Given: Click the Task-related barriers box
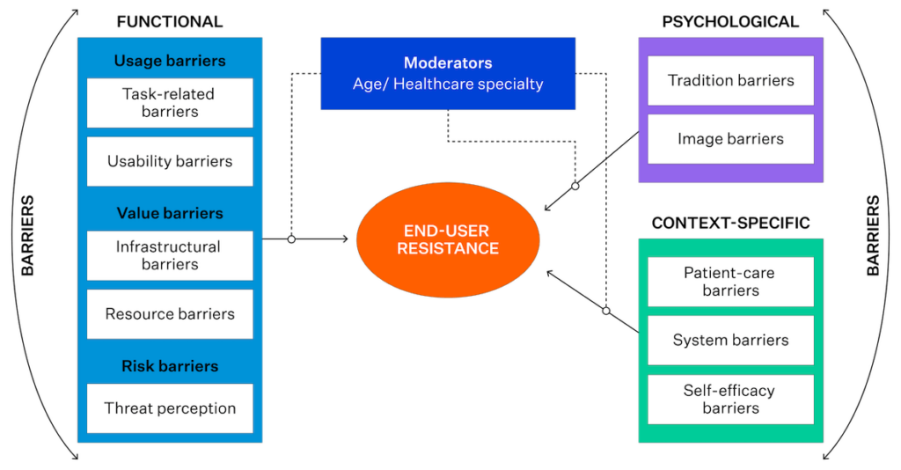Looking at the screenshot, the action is click(170, 103).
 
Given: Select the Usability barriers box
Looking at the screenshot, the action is click(170, 161).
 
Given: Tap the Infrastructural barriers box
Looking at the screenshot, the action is click(170, 256).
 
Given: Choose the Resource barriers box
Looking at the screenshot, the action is click(170, 314).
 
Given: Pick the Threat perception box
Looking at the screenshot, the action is click(170, 408).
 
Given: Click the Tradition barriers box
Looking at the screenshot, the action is click(730, 80).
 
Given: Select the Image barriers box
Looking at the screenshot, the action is click(730, 139).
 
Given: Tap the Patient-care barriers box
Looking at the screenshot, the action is click(730, 282).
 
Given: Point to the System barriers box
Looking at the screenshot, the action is click(730, 340).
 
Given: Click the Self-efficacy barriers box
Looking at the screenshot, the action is click(730, 400).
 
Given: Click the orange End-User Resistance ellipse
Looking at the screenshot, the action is click(448, 239).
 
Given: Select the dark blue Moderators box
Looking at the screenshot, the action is click(448, 74).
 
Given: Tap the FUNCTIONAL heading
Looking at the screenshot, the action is click(170, 22).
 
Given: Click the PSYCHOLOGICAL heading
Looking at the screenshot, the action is click(730, 22).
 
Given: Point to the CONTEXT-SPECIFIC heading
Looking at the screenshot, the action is click(730, 223).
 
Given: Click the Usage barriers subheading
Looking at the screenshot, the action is click(170, 61).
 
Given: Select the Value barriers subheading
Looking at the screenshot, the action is click(170, 213).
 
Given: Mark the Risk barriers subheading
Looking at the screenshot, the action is click(170, 366).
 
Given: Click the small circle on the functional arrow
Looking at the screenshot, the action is click(291, 239).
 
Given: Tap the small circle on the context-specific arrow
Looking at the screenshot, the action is click(606, 311).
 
